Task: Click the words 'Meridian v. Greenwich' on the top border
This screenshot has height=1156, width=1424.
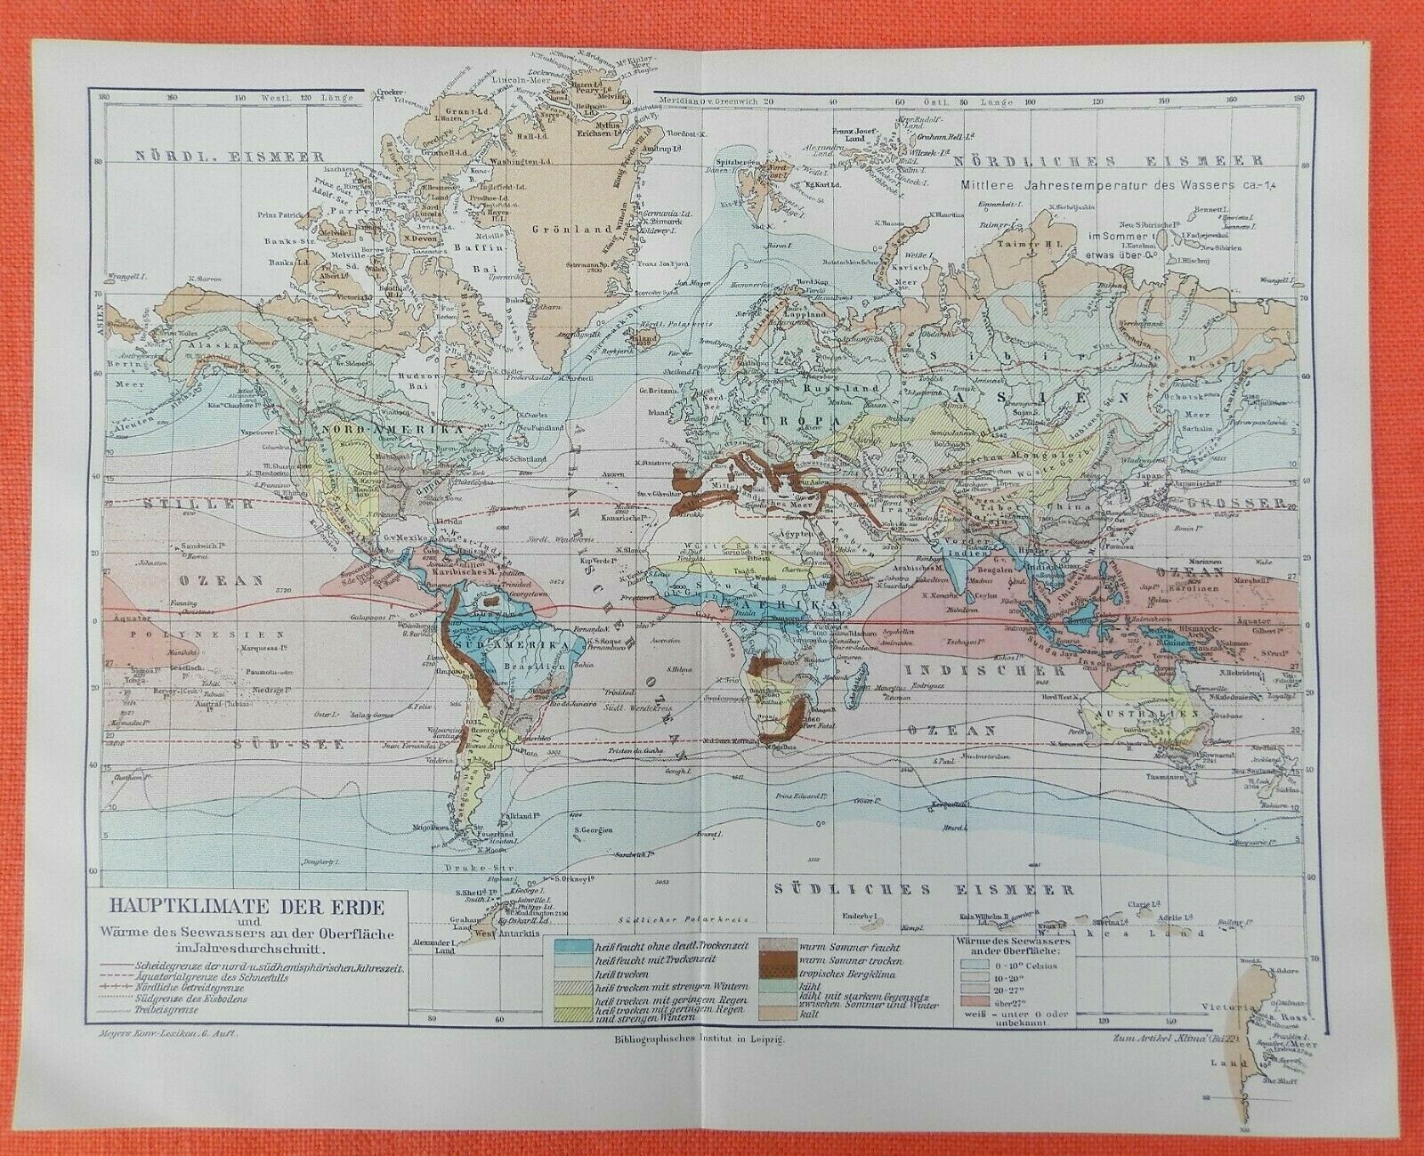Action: click(707, 100)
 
